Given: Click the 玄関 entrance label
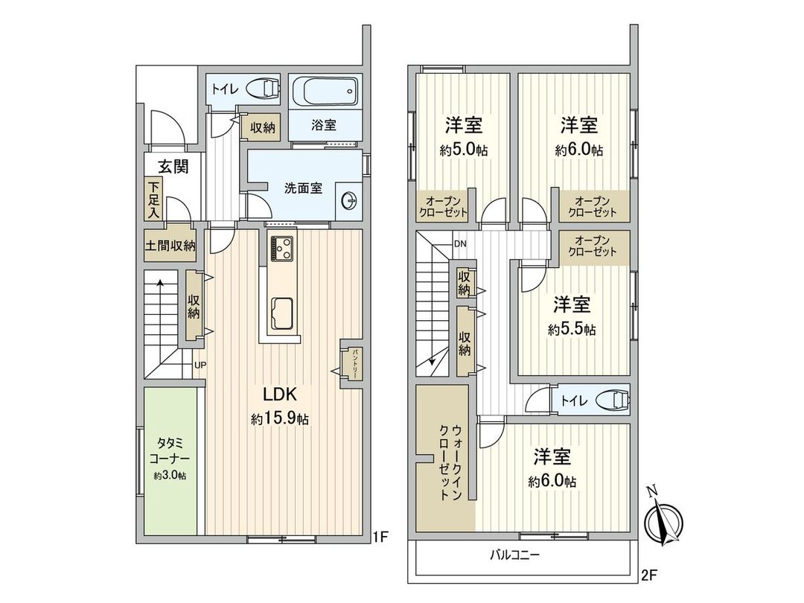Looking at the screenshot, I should click(173, 167).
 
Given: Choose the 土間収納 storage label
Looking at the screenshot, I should click(170, 245).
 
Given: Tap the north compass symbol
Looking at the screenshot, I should click(663, 520).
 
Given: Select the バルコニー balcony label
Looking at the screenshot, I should click(514, 555).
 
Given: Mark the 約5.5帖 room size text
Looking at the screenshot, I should click(572, 329).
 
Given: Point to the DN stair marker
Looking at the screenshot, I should click(460, 244).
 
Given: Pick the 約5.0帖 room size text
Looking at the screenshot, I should click(463, 150).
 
